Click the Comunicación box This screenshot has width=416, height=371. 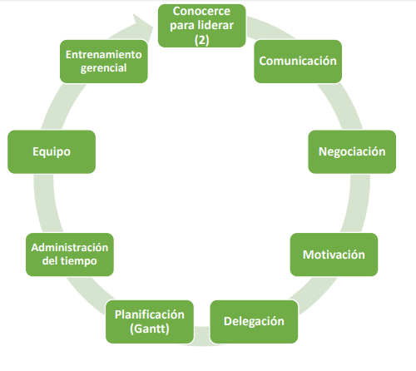(x=298, y=62)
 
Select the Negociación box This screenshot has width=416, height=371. (x=352, y=152)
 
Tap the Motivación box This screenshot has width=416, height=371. (x=334, y=255)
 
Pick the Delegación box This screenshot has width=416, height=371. (x=254, y=322)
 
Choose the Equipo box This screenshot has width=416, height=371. (x=52, y=152)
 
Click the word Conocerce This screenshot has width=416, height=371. (x=201, y=12)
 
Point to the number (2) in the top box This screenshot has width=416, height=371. (x=202, y=40)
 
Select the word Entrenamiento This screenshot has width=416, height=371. (x=104, y=55)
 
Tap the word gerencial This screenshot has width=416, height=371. (x=104, y=68)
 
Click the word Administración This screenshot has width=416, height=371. (x=70, y=248)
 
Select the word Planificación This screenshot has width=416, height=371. (x=150, y=314)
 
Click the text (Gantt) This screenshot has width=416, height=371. (x=150, y=329)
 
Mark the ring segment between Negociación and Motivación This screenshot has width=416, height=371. (x=358, y=203)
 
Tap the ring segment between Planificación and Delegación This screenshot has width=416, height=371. (x=202, y=336)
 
